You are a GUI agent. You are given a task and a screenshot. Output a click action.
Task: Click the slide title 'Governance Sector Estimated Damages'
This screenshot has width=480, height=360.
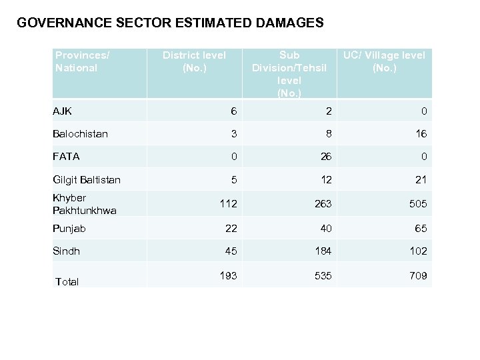(x=170, y=23)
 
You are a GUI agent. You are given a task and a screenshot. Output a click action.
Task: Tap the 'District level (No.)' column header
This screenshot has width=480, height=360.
(x=194, y=61)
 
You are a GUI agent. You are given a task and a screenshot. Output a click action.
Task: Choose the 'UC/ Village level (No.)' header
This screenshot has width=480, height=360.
(x=384, y=61)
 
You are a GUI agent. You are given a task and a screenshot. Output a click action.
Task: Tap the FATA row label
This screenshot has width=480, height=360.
(x=66, y=157)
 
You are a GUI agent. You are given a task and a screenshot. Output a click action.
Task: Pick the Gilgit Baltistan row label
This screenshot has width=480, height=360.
(x=87, y=179)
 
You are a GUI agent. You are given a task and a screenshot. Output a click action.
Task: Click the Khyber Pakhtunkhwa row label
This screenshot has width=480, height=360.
(x=84, y=204)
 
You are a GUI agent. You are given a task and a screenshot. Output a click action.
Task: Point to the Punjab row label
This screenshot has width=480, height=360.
(x=69, y=229)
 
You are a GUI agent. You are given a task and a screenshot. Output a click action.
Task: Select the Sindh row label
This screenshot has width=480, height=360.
(x=66, y=251)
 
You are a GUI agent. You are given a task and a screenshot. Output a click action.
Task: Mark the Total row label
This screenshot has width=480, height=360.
(x=67, y=282)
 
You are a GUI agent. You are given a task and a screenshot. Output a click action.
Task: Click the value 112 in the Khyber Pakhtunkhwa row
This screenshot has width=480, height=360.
(x=228, y=204)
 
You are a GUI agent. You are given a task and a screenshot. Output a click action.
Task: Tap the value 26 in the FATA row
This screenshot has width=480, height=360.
(x=325, y=157)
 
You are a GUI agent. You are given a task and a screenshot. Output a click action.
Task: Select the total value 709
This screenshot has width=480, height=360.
(x=419, y=275)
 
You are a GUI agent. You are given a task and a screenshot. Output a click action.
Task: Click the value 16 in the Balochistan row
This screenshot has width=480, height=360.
(x=421, y=134)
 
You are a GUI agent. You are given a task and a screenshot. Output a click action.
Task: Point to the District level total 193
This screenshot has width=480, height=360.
(x=228, y=275)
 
